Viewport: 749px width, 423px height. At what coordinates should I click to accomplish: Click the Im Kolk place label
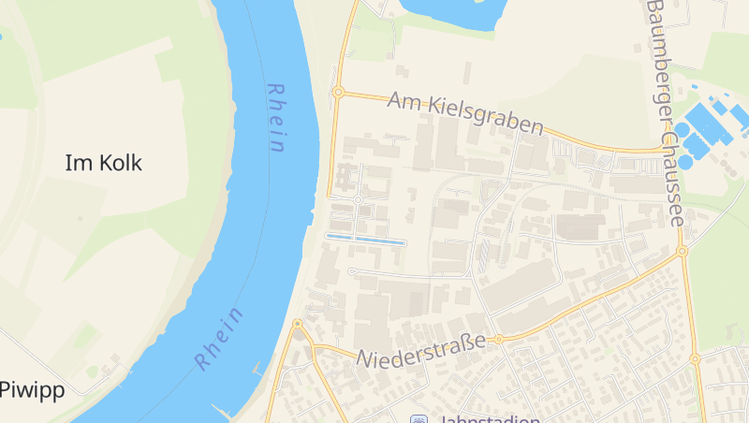(103, 163)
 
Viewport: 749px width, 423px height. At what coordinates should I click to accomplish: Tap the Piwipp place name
(32, 389)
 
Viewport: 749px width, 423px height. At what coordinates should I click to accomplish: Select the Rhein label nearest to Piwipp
(220, 338)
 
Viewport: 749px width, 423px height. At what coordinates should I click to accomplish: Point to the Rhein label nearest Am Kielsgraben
(275, 118)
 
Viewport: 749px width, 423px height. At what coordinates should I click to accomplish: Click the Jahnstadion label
(487, 418)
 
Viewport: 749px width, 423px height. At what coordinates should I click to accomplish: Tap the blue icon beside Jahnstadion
(419, 419)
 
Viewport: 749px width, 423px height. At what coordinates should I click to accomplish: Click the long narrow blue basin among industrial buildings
(365, 241)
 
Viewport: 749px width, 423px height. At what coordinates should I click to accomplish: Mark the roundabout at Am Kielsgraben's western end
(339, 92)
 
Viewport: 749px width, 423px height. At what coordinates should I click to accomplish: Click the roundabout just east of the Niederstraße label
(499, 339)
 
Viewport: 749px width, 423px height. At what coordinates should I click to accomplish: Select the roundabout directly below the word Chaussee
(682, 251)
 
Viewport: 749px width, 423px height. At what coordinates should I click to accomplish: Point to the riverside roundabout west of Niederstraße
(298, 324)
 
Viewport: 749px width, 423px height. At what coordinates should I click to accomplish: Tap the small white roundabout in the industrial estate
(359, 199)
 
